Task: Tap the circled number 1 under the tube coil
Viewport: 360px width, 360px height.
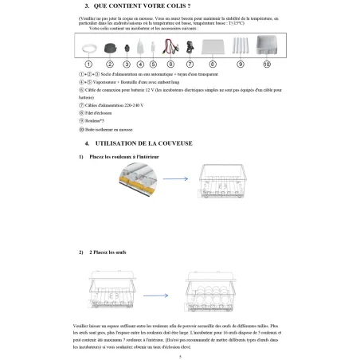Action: (90, 63)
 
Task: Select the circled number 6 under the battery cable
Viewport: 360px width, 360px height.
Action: (170, 63)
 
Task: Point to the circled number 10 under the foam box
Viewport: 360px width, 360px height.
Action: (266, 63)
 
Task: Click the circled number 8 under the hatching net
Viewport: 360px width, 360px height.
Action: (213, 63)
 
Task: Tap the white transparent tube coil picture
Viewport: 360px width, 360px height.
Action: (90, 49)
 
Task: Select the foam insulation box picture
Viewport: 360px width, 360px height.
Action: (266, 46)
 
